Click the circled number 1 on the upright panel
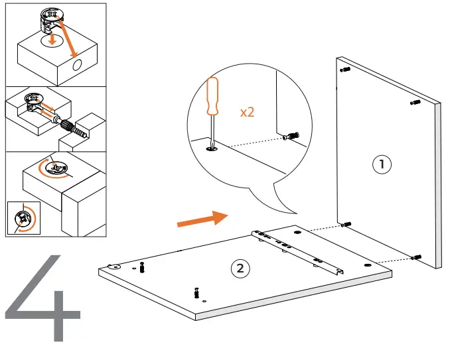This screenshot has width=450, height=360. (381, 164)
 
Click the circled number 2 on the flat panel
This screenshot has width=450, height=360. (240, 268)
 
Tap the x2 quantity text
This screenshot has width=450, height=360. (247, 112)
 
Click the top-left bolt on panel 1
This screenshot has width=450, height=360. (344, 69)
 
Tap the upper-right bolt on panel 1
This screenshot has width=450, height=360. (415, 102)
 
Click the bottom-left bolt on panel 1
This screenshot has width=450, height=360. (345, 225)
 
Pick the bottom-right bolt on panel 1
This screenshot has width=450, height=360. (416, 257)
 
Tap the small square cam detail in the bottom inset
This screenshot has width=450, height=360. (23, 216)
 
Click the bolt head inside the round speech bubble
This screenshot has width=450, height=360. (291, 137)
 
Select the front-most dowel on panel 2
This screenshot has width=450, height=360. (197, 291)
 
